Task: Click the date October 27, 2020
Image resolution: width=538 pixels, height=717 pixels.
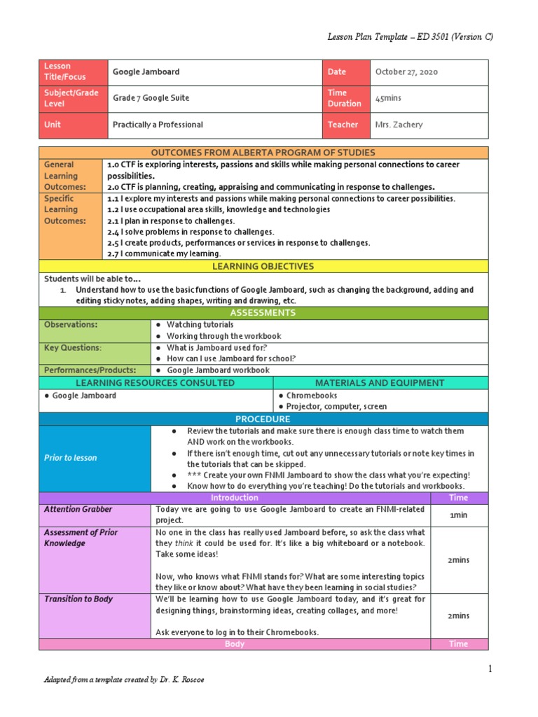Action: pos(407,72)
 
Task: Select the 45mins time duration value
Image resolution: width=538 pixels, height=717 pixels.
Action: pos(388,99)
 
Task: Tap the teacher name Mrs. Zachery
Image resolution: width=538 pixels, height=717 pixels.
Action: pos(399,125)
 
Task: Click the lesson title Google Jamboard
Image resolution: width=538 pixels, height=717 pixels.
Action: pos(146,72)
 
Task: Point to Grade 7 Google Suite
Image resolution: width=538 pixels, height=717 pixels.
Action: pos(151,99)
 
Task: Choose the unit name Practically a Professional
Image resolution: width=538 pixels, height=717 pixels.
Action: pos(158,125)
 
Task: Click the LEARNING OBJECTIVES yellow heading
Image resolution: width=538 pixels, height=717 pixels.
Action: pos(263,266)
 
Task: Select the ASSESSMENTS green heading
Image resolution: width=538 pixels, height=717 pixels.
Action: pos(263,313)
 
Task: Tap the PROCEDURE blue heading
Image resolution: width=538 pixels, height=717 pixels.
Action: pos(263,419)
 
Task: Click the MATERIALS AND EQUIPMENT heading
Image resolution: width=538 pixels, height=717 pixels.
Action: pos(380,383)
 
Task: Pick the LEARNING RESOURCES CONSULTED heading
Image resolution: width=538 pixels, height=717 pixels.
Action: pos(156,383)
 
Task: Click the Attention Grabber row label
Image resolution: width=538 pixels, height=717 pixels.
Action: pos(78,510)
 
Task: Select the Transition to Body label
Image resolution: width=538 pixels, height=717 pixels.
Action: pos(78,599)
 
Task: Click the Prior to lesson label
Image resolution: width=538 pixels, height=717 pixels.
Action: pos(70,457)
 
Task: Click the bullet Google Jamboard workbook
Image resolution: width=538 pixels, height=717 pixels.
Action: pos(218,370)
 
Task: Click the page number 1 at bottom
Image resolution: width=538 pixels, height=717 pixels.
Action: pos(490,669)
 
